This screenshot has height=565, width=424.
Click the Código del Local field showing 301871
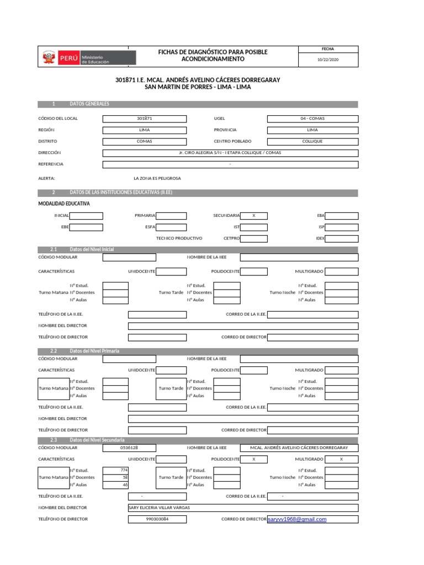click(144, 119)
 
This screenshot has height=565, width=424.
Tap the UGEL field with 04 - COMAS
click(312, 119)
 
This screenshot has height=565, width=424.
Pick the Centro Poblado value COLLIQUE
click(312, 141)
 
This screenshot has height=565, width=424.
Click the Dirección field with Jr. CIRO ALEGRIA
click(230, 153)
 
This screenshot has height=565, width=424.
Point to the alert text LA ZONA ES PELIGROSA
click(157, 178)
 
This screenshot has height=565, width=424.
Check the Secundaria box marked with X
click(253, 216)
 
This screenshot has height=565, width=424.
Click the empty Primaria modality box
click(171, 216)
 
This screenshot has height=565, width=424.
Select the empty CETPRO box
click(253, 238)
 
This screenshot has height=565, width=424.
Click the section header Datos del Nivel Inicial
click(92, 249)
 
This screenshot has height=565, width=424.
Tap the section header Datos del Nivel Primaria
click(94, 351)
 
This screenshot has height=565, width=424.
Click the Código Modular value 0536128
click(129, 447)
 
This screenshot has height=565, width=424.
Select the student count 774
click(116, 470)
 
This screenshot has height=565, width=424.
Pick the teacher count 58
click(116, 477)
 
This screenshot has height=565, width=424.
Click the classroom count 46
click(116, 484)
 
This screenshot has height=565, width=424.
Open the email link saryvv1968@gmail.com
click(297, 519)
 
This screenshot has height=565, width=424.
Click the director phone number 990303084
click(157, 519)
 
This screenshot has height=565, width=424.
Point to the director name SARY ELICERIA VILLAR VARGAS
click(159, 508)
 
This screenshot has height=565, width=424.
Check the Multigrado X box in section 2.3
click(341, 459)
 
